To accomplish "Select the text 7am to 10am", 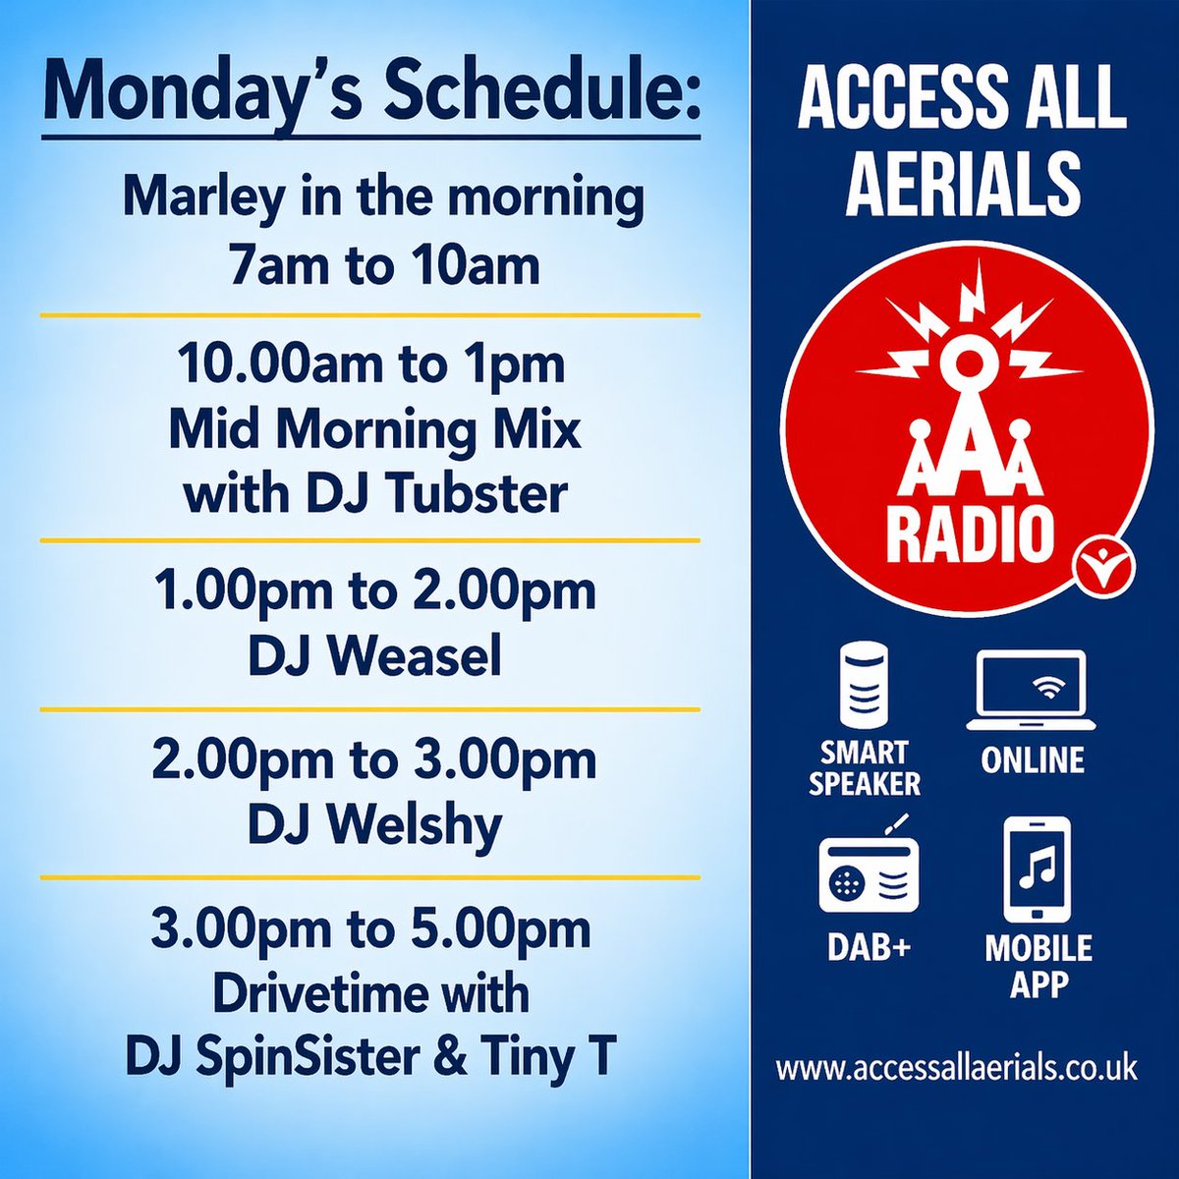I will (383, 265).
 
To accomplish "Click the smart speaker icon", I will (864, 683).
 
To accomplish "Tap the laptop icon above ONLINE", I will (1032, 690).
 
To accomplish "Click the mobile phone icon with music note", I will (1038, 868).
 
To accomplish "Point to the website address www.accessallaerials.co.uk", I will (956, 1068).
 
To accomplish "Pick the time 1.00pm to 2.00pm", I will (374, 591).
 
